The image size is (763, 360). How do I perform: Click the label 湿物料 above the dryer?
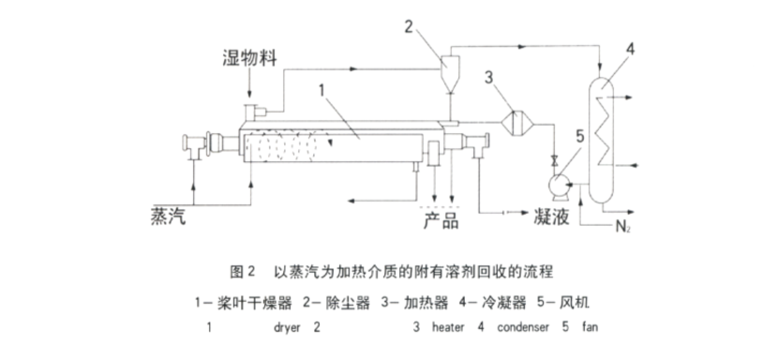[249, 58]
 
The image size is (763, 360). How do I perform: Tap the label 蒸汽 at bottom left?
[169, 216]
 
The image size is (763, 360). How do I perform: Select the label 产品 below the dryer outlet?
[441, 220]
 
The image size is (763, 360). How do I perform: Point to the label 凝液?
[551, 217]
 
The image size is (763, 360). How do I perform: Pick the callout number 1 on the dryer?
[322, 90]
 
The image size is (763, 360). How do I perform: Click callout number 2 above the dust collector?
[409, 26]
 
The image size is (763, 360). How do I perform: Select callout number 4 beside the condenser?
[630, 49]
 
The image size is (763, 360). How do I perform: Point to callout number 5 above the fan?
[580, 137]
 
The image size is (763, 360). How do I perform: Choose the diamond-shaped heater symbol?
[517, 122]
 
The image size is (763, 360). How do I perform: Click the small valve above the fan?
[554, 161]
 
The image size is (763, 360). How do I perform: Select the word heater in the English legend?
[448, 327]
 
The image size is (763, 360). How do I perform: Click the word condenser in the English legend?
[523, 327]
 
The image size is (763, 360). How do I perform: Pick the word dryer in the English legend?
[287, 328]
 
